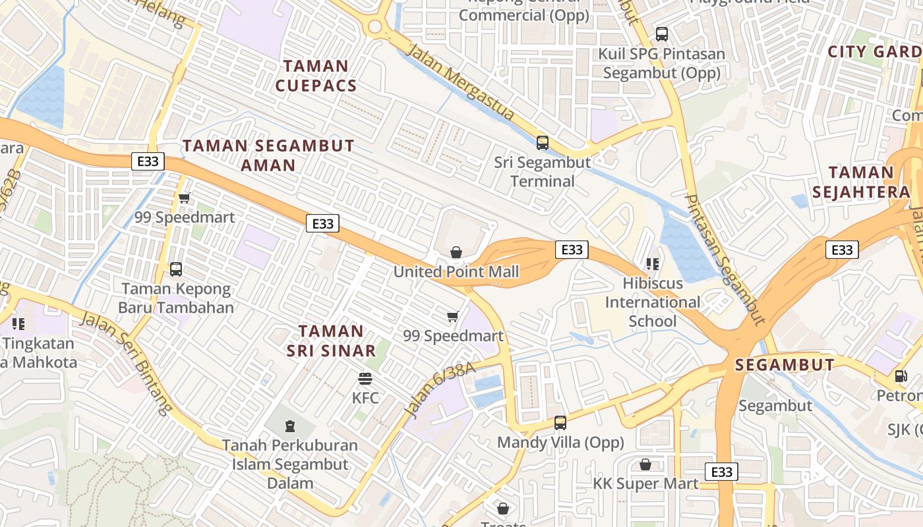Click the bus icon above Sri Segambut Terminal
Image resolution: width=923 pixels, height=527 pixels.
click(543, 142)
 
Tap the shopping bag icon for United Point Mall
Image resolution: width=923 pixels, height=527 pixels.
click(456, 252)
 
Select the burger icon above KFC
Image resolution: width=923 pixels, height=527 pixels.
click(365, 379)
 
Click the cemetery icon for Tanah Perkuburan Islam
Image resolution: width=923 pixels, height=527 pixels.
click(289, 426)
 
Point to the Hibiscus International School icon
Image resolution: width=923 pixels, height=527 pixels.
click(653, 264)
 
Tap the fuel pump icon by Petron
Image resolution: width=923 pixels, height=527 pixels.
click(901, 376)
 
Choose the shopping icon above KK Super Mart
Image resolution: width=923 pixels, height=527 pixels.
click(645, 464)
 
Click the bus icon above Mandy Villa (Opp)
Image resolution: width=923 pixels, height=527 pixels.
click(560, 423)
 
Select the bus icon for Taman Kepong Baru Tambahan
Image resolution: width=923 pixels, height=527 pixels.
click(176, 269)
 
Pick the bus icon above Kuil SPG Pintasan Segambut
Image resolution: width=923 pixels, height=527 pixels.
click(662, 34)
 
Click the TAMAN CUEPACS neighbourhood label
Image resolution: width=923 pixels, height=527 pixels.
click(316, 76)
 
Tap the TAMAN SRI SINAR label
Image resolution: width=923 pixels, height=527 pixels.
click(331, 341)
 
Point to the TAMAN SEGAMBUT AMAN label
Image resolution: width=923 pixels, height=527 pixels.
click(268, 155)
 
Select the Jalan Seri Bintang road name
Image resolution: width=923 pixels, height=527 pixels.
click(126, 363)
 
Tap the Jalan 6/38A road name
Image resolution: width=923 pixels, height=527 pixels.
click(438, 389)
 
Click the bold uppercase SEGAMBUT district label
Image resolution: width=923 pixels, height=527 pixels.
click(785, 365)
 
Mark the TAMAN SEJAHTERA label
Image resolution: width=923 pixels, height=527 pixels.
click(861, 182)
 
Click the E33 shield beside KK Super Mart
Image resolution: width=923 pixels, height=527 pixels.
click(722, 472)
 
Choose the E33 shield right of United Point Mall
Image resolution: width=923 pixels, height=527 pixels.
click(572, 250)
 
